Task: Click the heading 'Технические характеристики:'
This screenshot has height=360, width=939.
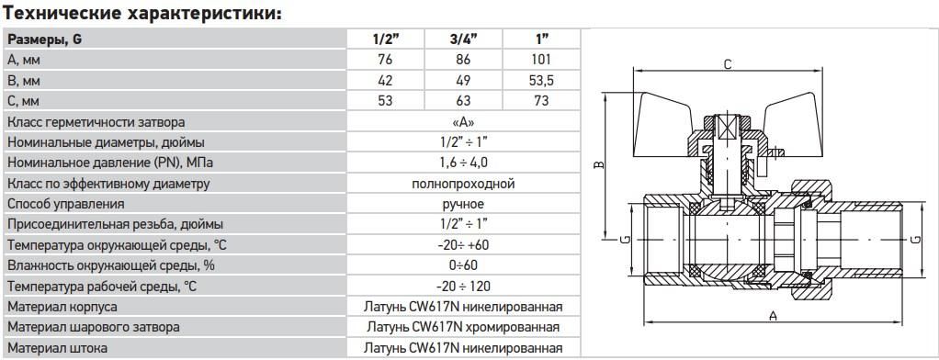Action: point(141,13)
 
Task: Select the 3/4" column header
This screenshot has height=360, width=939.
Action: point(463,39)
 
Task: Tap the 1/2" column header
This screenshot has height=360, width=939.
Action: point(386,39)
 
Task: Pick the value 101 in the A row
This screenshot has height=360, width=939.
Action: point(541,60)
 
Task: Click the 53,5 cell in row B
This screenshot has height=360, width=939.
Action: point(541,80)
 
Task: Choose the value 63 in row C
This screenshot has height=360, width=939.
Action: point(463,101)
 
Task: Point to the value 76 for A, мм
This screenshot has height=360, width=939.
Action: point(386,60)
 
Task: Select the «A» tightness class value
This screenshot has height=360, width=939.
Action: point(463,121)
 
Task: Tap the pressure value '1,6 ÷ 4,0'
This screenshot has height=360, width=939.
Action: point(463,163)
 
